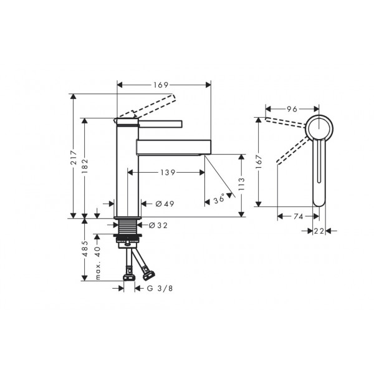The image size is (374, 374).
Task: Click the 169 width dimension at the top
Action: point(161,85)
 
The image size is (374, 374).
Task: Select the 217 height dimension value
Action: point(74,157)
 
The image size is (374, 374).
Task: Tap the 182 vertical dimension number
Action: point(85,166)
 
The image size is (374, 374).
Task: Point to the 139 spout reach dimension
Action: point(168,172)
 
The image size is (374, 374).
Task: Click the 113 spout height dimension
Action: point(241,184)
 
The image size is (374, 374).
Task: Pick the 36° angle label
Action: point(219,198)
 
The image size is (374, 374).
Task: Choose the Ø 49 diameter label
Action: point(165,204)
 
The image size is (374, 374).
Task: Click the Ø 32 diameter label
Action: point(158,225)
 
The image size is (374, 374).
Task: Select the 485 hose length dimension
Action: point(85,249)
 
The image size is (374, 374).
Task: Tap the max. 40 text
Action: point(98,263)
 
